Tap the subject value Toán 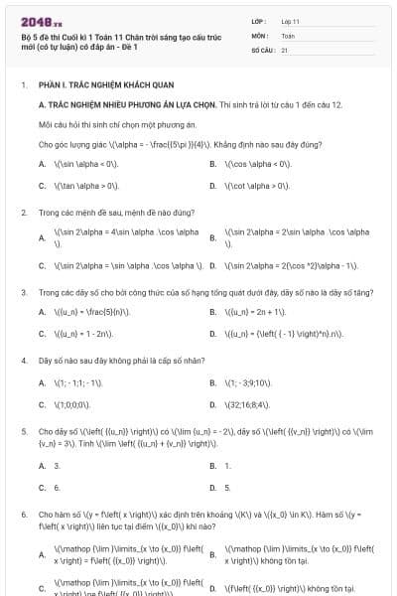[288, 35]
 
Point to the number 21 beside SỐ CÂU [285, 49]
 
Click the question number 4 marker [24, 361]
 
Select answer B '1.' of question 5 [227, 465]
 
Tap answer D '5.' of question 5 [227, 488]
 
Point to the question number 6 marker [24, 515]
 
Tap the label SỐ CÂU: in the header [263, 49]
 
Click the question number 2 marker [24, 212]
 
